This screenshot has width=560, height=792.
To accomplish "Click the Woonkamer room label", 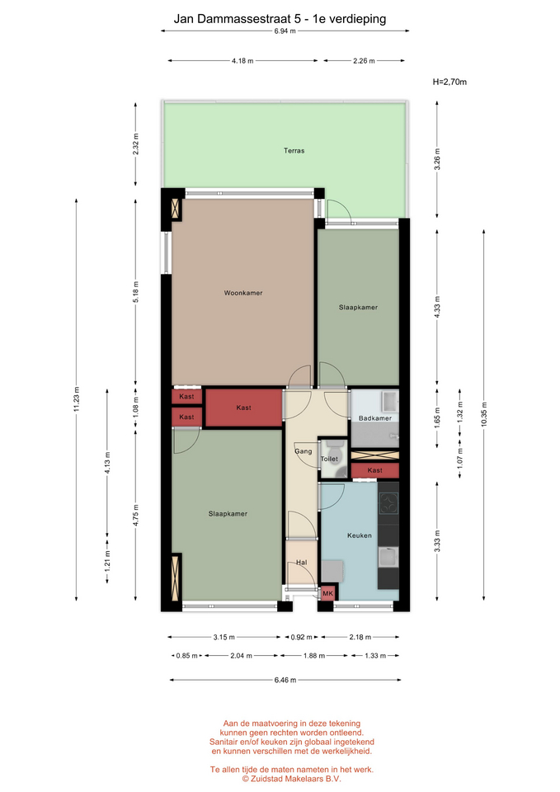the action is pyautogui.click(x=243, y=293).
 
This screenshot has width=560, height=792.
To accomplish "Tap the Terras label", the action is pyautogui.click(x=294, y=150).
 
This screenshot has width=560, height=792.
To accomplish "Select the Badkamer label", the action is pyautogui.click(x=375, y=418).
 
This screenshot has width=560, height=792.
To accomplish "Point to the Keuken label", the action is pyautogui.click(x=360, y=535).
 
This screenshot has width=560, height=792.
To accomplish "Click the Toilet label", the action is pyautogui.click(x=329, y=460).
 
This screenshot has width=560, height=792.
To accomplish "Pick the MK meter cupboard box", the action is pyautogui.click(x=328, y=593).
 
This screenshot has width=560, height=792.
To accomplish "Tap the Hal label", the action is pyautogui.click(x=302, y=562).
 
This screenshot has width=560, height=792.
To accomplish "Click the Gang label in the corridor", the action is pyautogui.click(x=303, y=451).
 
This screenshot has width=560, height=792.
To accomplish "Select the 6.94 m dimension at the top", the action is pyautogui.click(x=285, y=31).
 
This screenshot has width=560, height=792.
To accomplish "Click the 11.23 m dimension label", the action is pyautogui.click(x=76, y=399).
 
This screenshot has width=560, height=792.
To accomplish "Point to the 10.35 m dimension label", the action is pyautogui.click(x=484, y=414).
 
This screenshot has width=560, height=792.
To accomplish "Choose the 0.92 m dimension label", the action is pyautogui.click(x=302, y=637).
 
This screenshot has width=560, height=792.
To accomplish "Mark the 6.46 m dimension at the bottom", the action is pyautogui.click(x=285, y=680).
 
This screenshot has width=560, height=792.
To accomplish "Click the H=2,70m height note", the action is pyautogui.click(x=449, y=82).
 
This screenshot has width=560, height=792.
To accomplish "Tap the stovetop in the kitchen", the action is pyautogui.click(x=388, y=502).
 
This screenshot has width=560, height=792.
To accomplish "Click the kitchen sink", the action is pyautogui.click(x=388, y=558).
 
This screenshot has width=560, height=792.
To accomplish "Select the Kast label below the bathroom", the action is pyautogui.click(x=374, y=470).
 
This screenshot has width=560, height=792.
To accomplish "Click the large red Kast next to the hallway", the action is pyautogui.click(x=243, y=408).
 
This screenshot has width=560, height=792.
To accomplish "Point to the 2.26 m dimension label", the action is pyautogui.click(x=364, y=60).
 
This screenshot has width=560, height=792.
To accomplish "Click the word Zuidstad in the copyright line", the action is pyautogui.click(x=267, y=779).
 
